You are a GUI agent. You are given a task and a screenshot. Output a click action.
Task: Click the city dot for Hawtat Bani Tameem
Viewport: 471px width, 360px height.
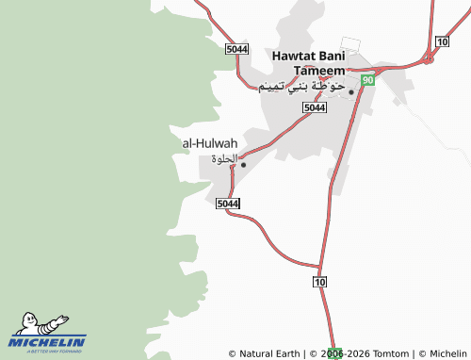(351, 91)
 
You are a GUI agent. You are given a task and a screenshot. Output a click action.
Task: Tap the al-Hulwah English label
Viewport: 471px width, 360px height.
(209, 143)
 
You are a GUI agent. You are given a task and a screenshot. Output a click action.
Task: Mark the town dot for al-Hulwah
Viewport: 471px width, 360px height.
(243, 165)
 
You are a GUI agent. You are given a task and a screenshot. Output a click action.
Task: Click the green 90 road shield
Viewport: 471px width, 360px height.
(367, 81)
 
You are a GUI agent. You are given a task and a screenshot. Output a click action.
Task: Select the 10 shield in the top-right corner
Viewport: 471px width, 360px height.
(442, 41)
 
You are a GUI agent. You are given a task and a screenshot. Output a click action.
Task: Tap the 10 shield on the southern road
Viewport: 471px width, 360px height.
(320, 282)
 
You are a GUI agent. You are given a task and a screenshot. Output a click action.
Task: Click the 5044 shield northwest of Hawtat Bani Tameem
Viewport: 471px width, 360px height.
(237, 49)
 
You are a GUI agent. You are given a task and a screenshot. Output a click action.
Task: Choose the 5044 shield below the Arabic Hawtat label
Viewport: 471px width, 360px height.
(315, 108)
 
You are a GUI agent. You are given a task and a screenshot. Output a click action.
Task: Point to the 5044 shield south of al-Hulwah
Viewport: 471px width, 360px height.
(227, 204)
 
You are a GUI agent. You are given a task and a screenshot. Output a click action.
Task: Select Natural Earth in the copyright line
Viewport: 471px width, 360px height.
(268, 354)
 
